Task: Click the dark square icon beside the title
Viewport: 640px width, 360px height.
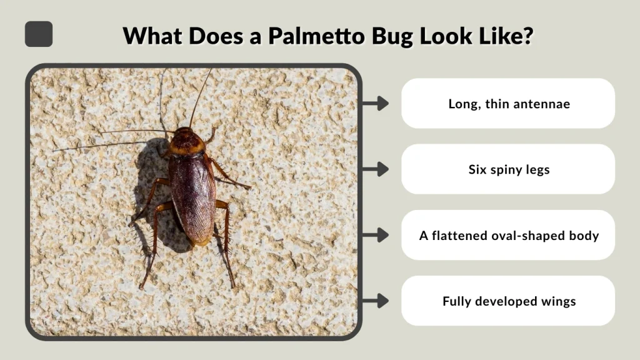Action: [x=39, y=34]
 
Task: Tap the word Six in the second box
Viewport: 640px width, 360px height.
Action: [x=478, y=169]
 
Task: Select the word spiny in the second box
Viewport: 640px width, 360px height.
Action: [x=507, y=170]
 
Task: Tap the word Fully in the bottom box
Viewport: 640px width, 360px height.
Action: [x=457, y=301]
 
